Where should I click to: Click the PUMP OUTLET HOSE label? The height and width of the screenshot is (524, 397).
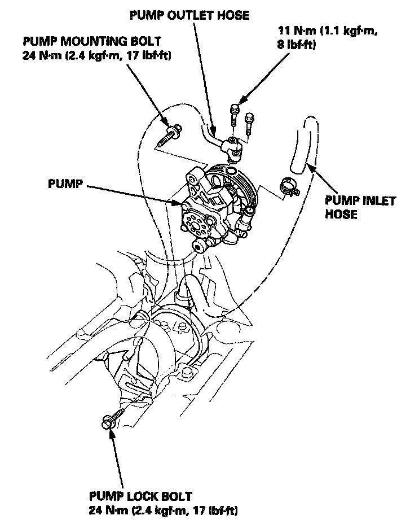tap(189, 15)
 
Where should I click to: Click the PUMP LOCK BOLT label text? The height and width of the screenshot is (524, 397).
tap(140, 497)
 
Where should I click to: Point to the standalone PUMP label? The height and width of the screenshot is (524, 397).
tap(65, 185)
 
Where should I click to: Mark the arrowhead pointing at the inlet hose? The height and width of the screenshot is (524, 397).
tap(307, 164)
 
